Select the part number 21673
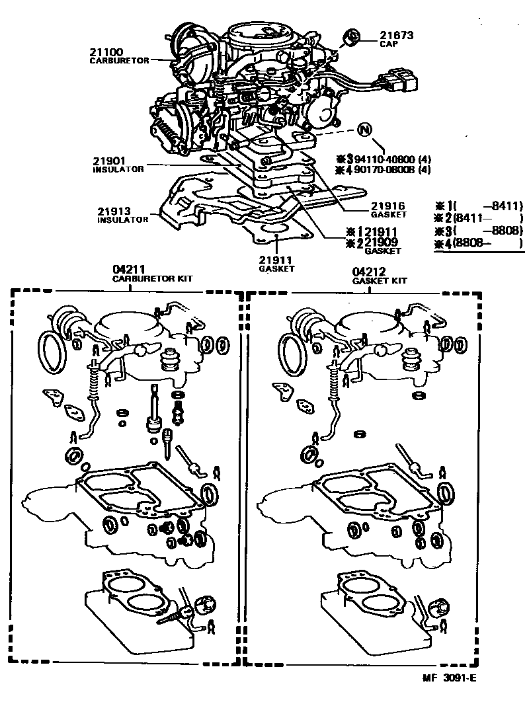(x=395, y=34)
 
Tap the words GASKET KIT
(x=380, y=280)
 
